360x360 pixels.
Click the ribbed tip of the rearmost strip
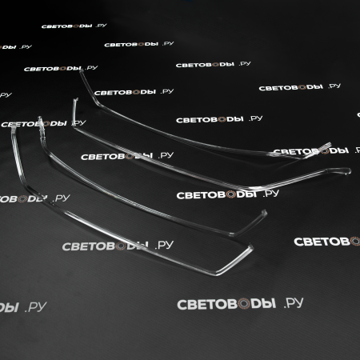pos(323,147)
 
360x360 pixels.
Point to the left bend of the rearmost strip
pos(99,105)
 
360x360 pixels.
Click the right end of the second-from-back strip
pos(347,171)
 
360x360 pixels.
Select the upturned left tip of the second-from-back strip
pos(75,101)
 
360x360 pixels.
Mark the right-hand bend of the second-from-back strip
pos(250,189)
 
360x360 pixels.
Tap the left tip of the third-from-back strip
pos(40,119)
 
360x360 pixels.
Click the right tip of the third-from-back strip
pos(264,213)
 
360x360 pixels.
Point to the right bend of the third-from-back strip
pos(231,234)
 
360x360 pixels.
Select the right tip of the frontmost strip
pos(250,247)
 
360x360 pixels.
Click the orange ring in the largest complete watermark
pos(243,304)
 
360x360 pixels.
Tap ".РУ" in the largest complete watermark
pos(294,303)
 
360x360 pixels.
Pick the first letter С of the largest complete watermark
pos(182,305)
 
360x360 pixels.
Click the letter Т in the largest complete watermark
pos(212,304)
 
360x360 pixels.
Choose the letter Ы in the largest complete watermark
pos(269,303)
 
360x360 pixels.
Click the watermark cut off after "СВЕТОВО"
pos(327,242)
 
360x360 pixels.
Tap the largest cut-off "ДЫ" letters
pos(9,307)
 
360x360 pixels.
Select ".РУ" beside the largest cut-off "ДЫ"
pos(36,307)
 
